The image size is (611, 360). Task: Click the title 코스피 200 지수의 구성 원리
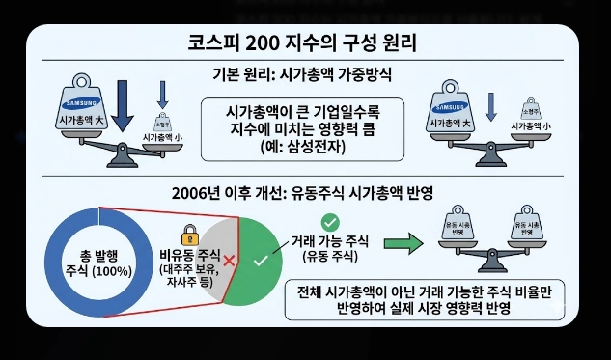tap(304, 44)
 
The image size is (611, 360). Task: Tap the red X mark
tap(229, 261)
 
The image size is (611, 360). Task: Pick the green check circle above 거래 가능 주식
tap(330, 223)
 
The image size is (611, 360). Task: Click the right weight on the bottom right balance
tap(522, 225)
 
